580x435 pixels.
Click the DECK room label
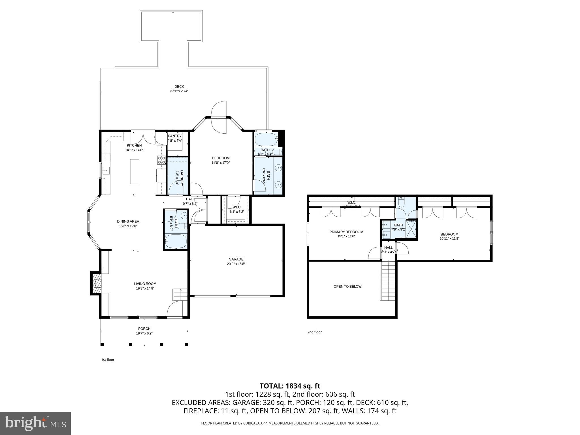(x=179, y=87)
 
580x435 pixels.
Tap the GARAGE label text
(x=236, y=259)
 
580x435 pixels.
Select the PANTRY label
(x=174, y=136)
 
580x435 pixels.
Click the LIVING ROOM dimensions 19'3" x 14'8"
(x=145, y=288)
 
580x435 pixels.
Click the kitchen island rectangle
(x=135, y=171)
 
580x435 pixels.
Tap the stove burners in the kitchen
(x=161, y=160)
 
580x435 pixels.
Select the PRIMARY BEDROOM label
(x=346, y=232)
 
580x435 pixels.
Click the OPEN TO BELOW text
(x=347, y=286)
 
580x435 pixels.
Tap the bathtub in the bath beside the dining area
(x=176, y=241)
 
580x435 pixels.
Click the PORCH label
(x=144, y=329)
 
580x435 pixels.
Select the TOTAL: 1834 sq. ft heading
(x=290, y=386)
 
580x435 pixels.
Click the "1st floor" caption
(x=108, y=360)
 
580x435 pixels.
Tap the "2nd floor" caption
(x=314, y=332)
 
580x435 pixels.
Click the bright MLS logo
(x=35, y=423)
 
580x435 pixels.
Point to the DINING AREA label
(x=128, y=221)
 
